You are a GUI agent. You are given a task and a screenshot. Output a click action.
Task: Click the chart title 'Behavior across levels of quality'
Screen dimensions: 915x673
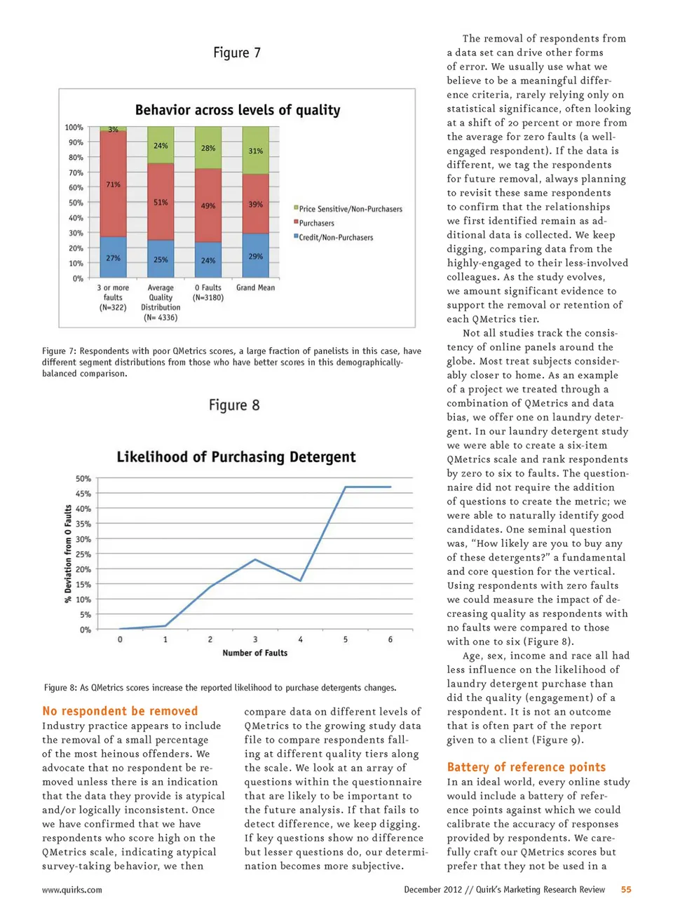238,110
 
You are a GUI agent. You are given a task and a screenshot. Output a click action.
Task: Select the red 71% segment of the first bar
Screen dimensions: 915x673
113,184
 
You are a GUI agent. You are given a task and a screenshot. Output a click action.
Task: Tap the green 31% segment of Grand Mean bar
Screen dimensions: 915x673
256,151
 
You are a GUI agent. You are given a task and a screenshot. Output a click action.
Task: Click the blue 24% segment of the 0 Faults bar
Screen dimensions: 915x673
208,260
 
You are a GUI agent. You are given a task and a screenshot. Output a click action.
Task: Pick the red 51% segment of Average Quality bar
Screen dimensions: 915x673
161,202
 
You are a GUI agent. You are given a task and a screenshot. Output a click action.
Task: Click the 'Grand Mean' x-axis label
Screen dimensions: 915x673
256,287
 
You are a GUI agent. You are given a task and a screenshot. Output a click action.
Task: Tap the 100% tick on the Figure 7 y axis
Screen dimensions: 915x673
74,128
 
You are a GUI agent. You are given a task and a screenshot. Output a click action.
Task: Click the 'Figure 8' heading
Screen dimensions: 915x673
234,405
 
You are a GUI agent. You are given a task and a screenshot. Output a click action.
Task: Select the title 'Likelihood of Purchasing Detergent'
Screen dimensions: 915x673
236,457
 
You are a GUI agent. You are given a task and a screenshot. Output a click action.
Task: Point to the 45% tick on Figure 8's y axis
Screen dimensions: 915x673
83,494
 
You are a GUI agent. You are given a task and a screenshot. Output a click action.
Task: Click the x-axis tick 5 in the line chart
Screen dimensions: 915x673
346,639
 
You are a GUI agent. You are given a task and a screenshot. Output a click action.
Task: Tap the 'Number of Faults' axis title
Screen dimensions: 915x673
255,653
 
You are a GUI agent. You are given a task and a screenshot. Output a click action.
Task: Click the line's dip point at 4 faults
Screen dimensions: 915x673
301,581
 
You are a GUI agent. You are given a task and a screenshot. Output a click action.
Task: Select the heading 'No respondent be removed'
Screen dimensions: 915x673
120,711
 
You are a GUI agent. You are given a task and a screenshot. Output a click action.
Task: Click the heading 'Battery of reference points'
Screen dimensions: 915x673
526,767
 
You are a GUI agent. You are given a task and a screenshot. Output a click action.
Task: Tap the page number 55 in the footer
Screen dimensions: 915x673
626,890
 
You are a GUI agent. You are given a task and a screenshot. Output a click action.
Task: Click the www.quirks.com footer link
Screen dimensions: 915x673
72,890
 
